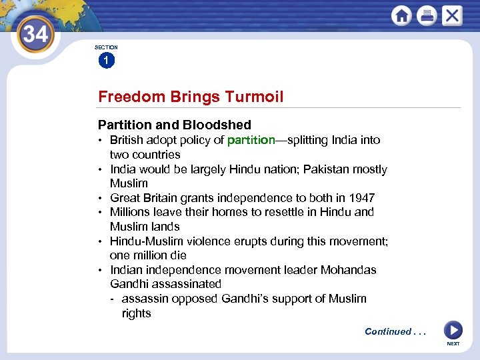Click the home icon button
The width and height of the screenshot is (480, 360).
(401, 16)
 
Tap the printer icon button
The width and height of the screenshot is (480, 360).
(427, 16)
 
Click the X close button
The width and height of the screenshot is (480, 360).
(451, 16)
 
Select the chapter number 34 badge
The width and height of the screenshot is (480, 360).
(35, 33)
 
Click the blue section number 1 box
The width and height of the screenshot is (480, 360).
(106, 61)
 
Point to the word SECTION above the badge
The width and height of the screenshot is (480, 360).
(106, 47)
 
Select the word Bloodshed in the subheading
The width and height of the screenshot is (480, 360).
(219, 125)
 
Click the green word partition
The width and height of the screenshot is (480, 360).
(251, 140)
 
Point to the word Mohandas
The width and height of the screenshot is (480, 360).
(349, 270)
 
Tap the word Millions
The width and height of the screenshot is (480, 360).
(131, 212)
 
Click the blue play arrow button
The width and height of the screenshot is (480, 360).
(453, 329)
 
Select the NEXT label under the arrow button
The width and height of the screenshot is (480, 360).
(453, 344)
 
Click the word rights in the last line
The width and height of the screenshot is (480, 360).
(136, 313)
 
